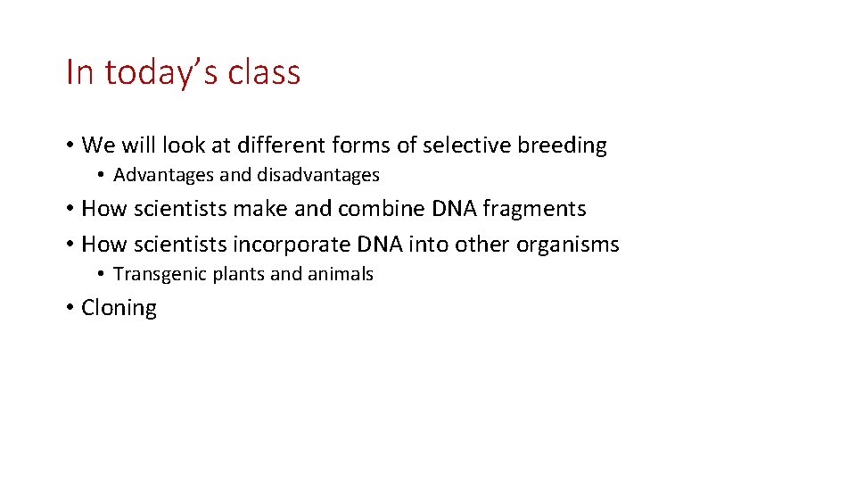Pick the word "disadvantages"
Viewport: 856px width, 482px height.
318,175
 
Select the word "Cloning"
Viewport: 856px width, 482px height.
119,308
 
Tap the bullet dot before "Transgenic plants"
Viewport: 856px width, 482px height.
103,275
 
